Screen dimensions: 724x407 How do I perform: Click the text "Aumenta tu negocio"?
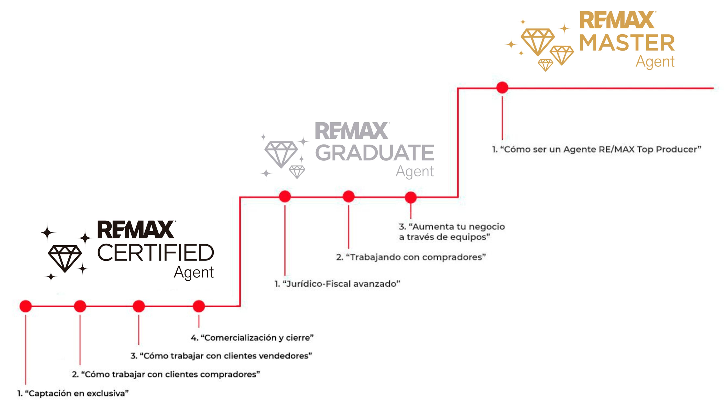click(x=457, y=226)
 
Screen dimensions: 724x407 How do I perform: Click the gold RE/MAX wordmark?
click(x=618, y=20)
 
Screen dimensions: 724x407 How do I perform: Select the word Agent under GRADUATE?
click(x=415, y=171)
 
